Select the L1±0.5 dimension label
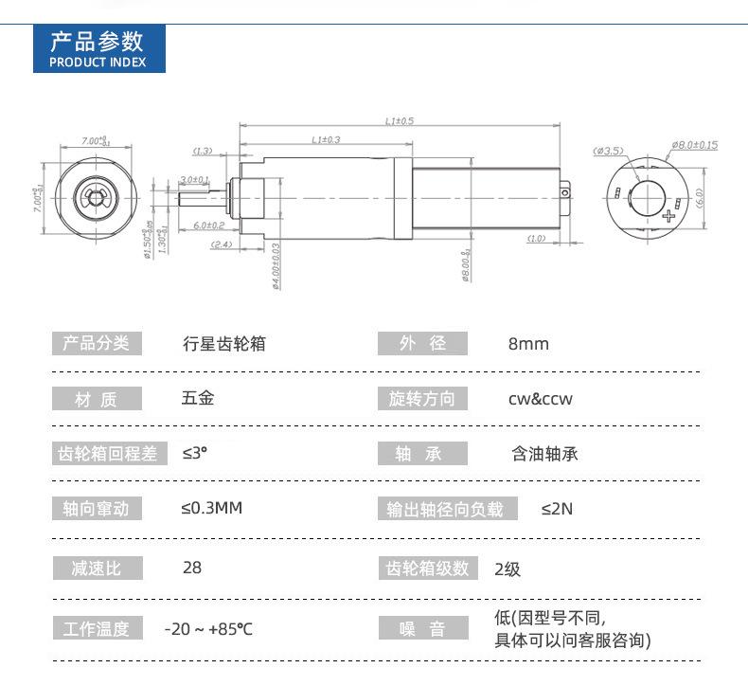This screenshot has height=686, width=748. [x=401, y=121]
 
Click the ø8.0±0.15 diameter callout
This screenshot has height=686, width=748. [x=694, y=145]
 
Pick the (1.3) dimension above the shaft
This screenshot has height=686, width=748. [x=202, y=151]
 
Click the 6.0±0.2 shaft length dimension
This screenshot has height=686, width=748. [x=208, y=226]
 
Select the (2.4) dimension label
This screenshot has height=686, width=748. [x=220, y=244]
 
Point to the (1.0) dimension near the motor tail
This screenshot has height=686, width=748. [x=536, y=239]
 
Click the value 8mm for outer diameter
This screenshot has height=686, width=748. [x=528, y=344]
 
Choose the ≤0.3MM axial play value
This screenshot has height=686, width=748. [x=212, y=508]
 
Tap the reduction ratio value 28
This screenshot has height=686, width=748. [x=192, y=569]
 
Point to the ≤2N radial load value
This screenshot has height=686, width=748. [x=557, y=509]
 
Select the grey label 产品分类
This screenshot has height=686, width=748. [x=96, y=343]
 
